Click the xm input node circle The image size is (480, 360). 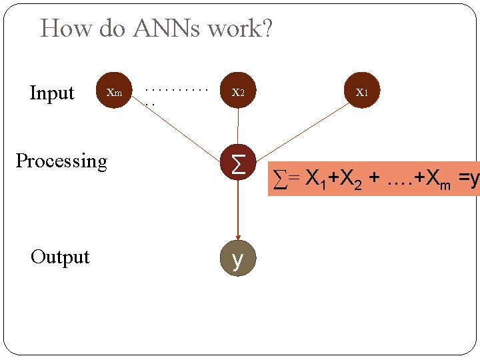coord(115,90)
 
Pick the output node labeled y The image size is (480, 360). coord(238,258)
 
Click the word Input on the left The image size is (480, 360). coord(52,93)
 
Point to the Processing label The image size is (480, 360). coord(61,161)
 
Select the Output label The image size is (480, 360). coord(60,257)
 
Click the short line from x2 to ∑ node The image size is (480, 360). coord(238,125)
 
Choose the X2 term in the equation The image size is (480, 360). coord(351,179)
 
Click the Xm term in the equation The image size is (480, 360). coord(437,179)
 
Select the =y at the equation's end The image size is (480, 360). coord(468,178)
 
